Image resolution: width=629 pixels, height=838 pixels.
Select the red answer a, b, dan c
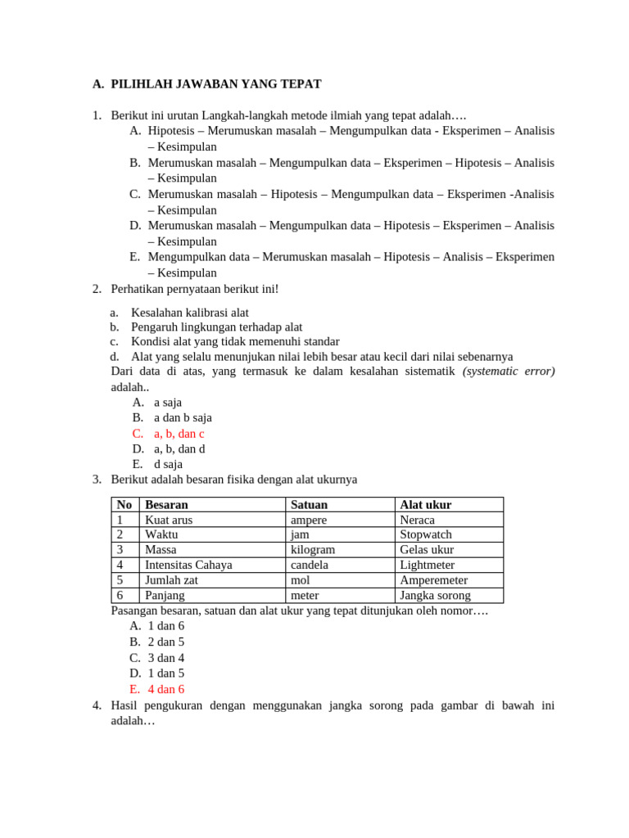[x=179, y=434]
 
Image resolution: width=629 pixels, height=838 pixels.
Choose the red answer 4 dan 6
[x=166, y=689]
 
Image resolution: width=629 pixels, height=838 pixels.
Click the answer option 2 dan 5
[x=166, y=642]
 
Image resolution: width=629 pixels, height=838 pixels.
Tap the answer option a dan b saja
[x=183, y=418]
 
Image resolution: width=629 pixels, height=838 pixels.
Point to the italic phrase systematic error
[x=509, y=372]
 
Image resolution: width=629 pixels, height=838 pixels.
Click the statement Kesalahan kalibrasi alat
[x=190, y=313]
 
